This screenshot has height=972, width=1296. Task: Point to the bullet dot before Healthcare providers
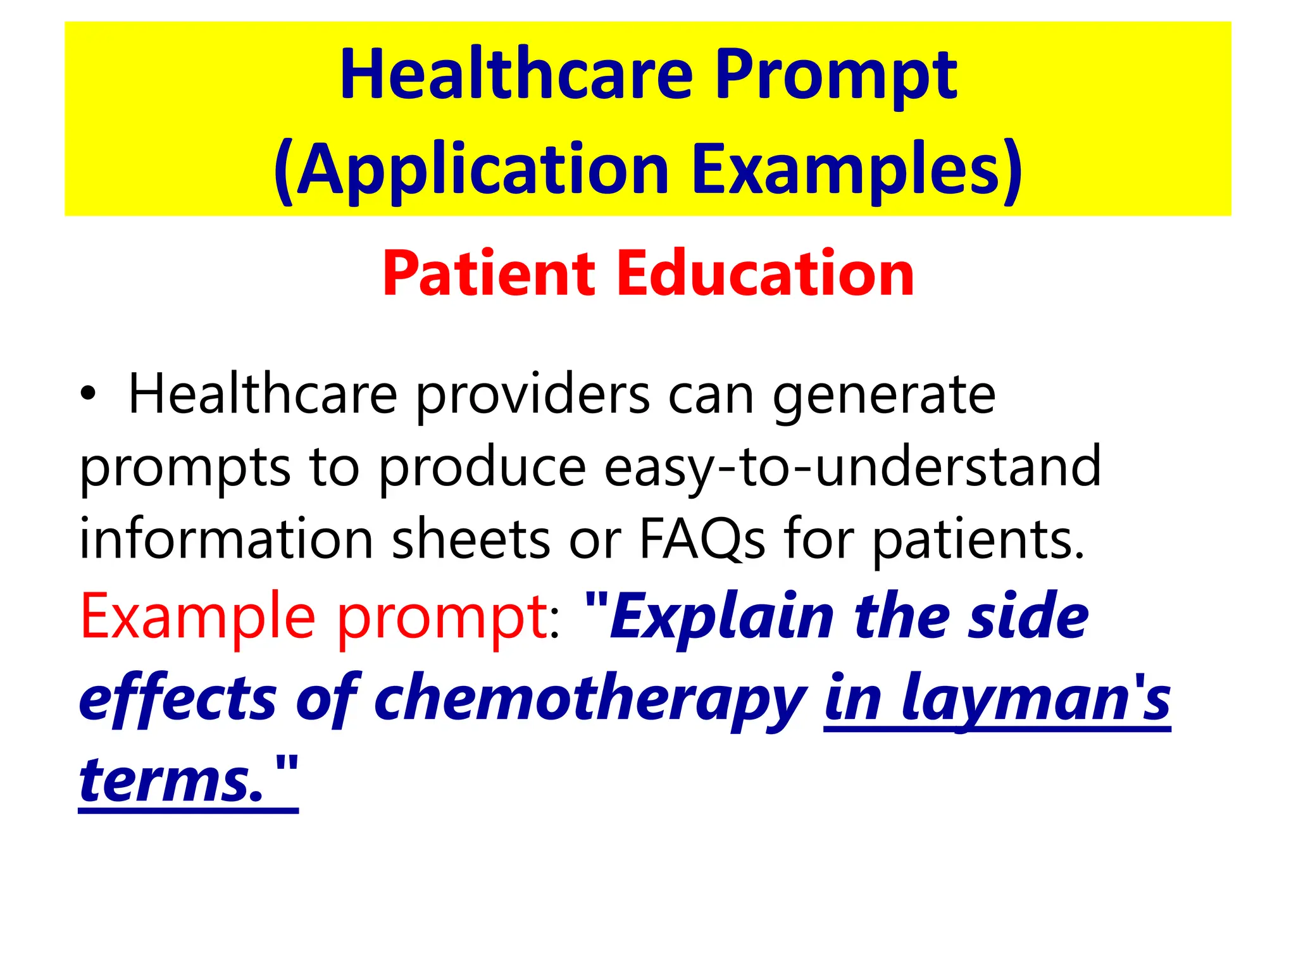89,395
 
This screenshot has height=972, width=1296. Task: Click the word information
226,539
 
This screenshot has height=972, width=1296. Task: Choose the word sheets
471,539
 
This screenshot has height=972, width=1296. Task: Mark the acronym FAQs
702,539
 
